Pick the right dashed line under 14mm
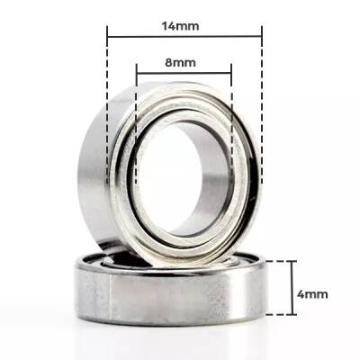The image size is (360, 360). [262, 135]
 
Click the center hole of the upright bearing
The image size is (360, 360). [184, 180]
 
